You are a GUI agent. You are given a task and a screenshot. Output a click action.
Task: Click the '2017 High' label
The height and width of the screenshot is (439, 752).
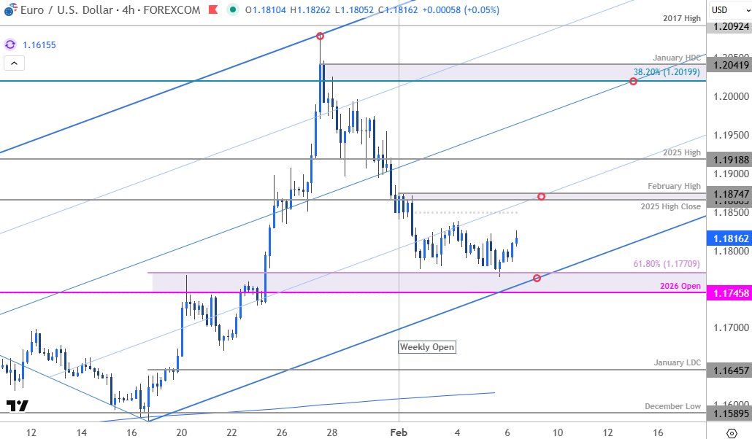(683, 18)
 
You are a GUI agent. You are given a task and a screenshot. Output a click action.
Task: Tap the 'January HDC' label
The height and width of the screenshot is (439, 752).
(678, 57)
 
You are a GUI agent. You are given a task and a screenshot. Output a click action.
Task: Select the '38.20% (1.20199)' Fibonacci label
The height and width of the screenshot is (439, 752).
(667, 72)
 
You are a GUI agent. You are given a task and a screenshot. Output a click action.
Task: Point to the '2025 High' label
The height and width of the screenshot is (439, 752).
(683, 152)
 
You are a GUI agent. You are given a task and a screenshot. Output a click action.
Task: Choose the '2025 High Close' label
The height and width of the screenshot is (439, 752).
(671, 206)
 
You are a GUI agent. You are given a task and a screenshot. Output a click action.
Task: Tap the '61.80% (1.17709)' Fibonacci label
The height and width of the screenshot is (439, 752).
(667, 263)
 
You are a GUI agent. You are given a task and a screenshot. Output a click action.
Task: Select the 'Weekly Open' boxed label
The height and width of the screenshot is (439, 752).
(427, 347)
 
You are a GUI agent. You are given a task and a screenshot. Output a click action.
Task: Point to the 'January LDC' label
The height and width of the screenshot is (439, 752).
(678, 362)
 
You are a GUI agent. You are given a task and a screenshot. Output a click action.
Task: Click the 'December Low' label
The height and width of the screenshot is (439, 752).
(672, 406)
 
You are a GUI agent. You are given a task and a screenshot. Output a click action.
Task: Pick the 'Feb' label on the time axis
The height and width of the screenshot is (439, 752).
(399, 431)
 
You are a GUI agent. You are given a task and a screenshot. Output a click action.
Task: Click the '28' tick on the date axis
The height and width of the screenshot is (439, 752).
(331, 431)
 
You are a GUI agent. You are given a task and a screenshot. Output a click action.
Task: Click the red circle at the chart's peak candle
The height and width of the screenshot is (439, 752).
(320, 36)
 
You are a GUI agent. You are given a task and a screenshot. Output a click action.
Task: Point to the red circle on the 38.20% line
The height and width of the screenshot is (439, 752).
(633, 81)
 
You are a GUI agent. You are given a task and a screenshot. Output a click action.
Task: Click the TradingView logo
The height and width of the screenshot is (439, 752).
(17, 405)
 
